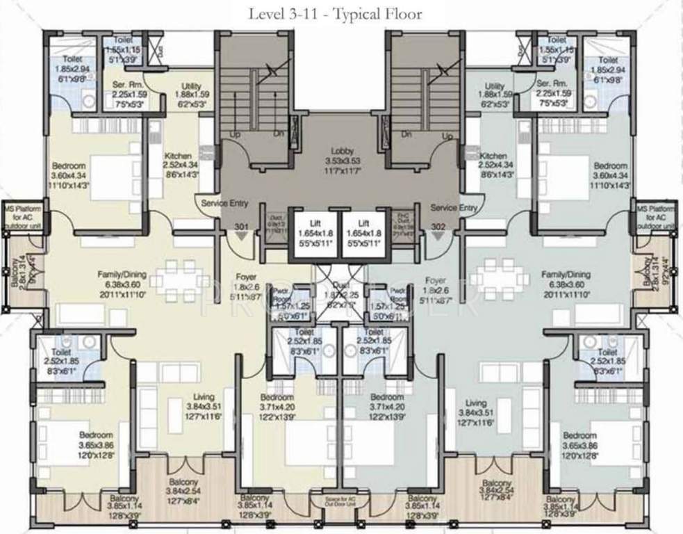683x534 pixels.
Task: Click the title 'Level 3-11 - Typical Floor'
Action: (x=337, y=13)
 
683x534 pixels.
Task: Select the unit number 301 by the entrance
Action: (x=240, y=227)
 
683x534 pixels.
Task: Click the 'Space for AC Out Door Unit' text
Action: (x=340, y=502)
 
